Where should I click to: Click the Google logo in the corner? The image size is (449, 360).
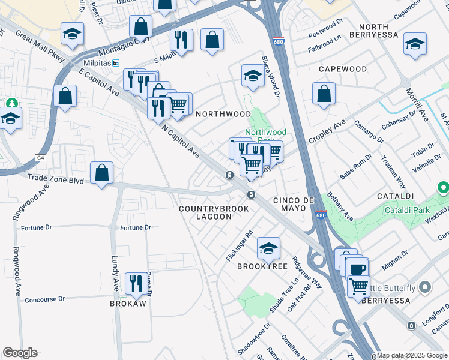point(20,353)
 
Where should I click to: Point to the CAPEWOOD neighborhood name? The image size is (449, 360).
point(342,69)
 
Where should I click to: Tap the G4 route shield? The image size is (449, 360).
point(41,158)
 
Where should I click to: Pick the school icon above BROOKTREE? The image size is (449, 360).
point(268,247)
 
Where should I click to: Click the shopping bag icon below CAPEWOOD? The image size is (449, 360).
point(324,93)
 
